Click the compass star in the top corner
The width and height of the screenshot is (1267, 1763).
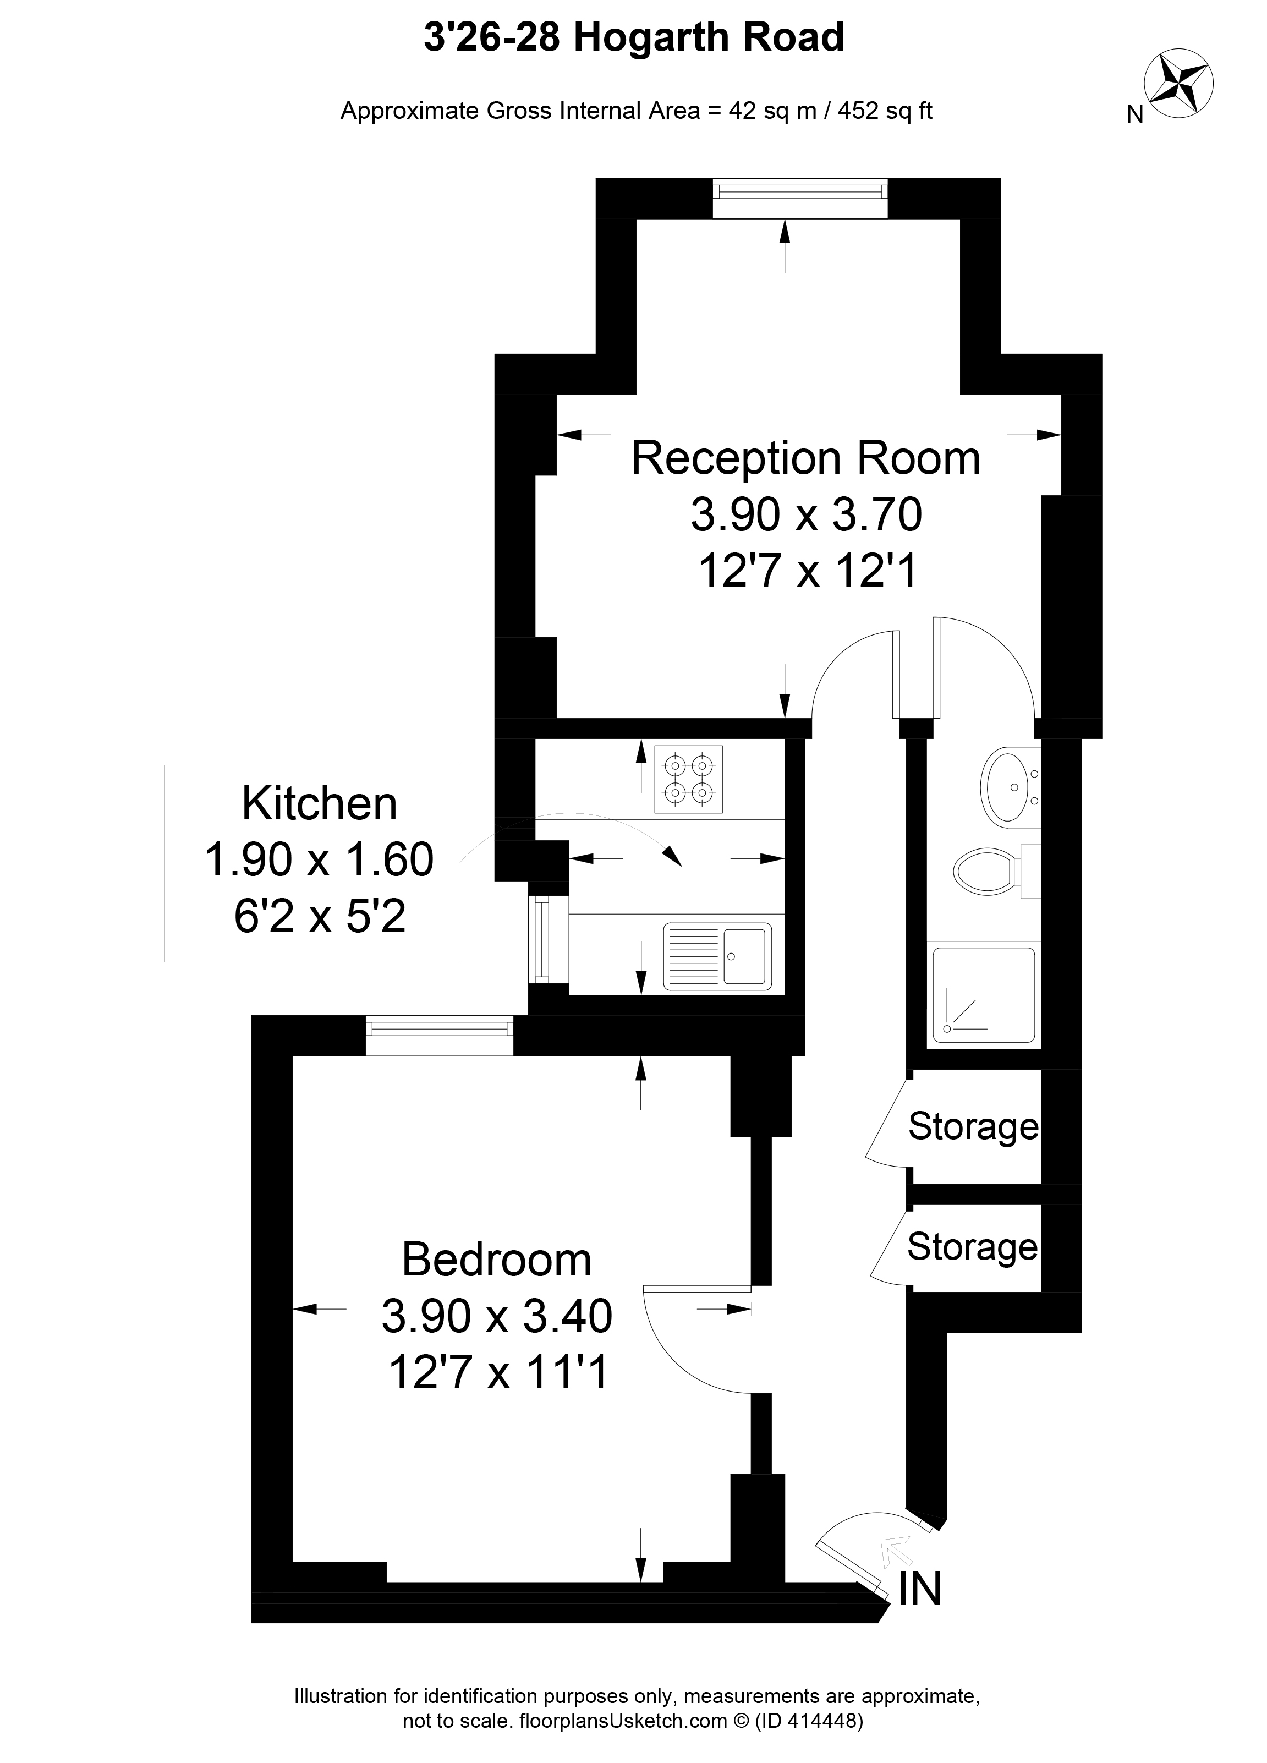pyautogui.click(x=1179, y=85)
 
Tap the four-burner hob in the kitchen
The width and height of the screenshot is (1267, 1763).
pyautogui.click(x=689, y=779)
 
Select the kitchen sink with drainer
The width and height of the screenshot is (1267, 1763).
pyautogui.click(x=717, y=957)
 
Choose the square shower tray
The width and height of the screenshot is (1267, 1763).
pyautogui.click(x=983, y=995)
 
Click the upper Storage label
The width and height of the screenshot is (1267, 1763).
pyautogui.click(x=973, y=1126)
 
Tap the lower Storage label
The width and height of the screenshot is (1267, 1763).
pyautogui.click(x=973, y=1247)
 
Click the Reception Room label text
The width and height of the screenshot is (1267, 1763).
pyautogui.click(x=805, y=458)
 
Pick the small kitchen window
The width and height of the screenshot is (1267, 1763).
pyautogui.click(x=548, y=940)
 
